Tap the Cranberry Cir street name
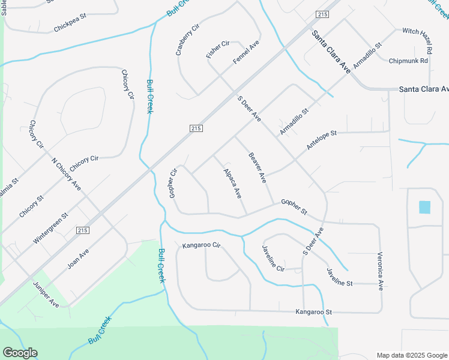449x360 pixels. [187, 40]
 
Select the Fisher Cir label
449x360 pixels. [218, 49]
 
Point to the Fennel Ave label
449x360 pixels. [246, 53]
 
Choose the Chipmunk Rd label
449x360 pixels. [408, 61]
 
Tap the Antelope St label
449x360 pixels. [322, 139]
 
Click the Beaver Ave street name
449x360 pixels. [258, 168]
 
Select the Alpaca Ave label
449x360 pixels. [232, 184]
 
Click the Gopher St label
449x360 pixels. [294, 208]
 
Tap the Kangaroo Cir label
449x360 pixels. [202, 245]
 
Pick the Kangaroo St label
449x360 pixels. [313, 312]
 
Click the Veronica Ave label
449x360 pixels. [381, 271]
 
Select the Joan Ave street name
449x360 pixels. [78, 259]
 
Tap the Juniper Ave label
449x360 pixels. [46, 294]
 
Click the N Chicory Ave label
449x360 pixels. [66, 174]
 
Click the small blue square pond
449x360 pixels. [424, 208]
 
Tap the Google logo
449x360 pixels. [20, 353]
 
